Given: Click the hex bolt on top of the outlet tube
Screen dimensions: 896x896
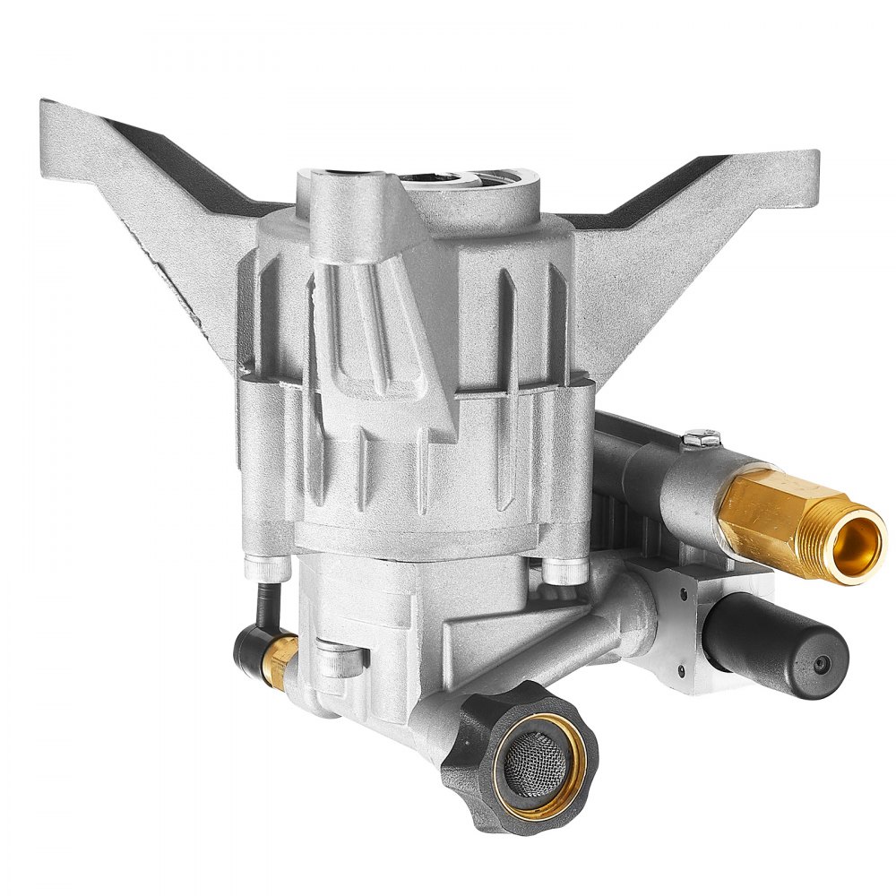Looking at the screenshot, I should point(702,439).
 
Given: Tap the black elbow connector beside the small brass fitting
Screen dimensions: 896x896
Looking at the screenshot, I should point(254,650).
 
